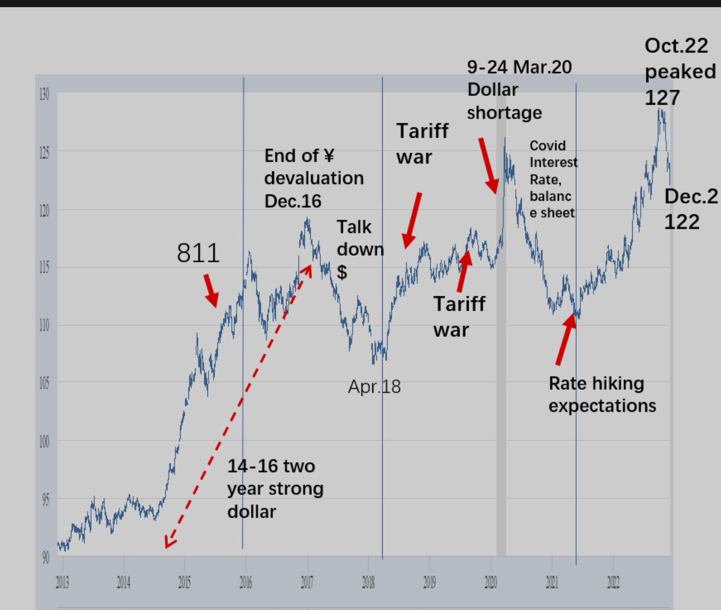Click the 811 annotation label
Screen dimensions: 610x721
point(198,253)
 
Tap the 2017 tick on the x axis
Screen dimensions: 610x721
point(307,582)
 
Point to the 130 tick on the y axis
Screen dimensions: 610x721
point(45,94)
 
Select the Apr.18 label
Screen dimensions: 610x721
point(374,387)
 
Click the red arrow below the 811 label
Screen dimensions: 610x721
point(211,291)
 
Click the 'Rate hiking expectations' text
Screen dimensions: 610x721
point(602,394)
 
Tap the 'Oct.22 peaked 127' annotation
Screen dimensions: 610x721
point(679,71)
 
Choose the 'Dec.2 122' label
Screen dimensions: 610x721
point(690,209)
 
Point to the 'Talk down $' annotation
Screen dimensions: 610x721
point(360,249)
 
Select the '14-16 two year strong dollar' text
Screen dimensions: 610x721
point(275,489)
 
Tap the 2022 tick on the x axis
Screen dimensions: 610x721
point(613,582)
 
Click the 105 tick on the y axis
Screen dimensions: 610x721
point(45,383)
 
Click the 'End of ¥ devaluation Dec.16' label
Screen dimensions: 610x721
point(314,178)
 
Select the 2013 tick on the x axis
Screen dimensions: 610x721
point(62,582)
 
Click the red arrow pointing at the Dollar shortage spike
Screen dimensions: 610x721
point(489,165)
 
